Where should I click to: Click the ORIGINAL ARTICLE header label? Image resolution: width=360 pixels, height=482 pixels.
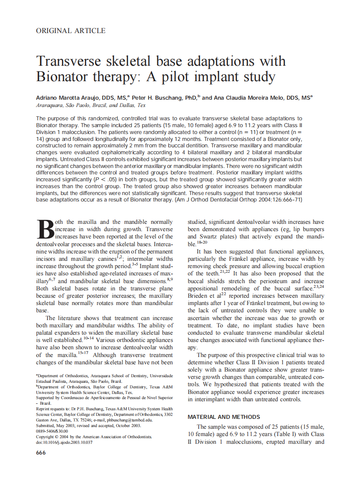pyautogui.click(x=70, y=31)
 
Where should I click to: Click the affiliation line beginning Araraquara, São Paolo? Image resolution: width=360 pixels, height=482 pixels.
pyautogui.click(x=90, y=105)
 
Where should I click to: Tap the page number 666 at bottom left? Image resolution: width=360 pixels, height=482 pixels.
pyautogui.click(x=41, y=453)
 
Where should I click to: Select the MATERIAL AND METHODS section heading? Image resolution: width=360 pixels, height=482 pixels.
pyautogui.click(x=224, y=417)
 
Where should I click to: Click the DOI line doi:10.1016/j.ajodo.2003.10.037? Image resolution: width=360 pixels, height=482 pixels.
pyautogui.click(x=64, y=442)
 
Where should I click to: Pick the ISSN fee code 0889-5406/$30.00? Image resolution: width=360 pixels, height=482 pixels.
pyautogui.click(x=52, y=431)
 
